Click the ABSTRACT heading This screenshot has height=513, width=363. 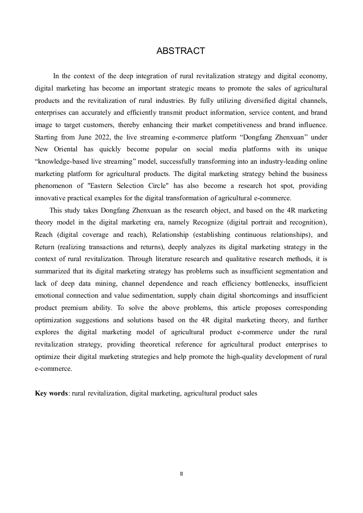[x=181, y=51]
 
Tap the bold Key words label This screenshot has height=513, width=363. [x=51, y=393]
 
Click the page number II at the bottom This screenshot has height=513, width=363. [x=181, y=474]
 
